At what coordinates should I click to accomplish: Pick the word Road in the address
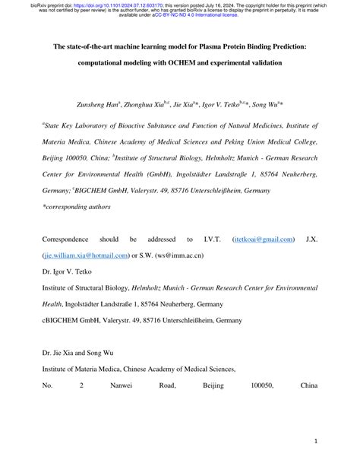click(x=166, y=386)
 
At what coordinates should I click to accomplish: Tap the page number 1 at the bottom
click(x=314, y=440)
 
